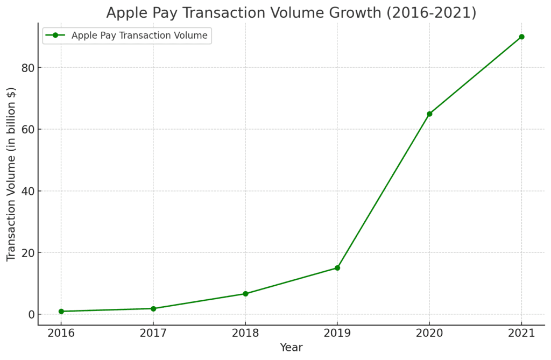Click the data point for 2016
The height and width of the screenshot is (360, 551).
tap(61, 311)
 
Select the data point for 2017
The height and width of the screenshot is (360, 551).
tap(153, 308)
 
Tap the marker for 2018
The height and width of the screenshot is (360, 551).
tap(245, 294)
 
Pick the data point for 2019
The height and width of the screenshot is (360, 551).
tap(337, 268)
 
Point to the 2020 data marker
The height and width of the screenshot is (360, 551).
tap(429, 114)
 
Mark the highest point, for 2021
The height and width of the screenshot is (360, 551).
tap(521, 37)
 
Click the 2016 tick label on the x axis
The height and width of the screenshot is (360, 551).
tap(61, 334)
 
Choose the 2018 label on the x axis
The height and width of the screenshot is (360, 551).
tap(245, 334)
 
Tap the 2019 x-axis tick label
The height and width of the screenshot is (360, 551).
tap(337, 334)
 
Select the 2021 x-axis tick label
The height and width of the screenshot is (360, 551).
tap(521, 334)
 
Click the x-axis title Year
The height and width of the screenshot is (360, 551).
tap(291, 348)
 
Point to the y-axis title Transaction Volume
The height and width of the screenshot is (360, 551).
tap(12, 174)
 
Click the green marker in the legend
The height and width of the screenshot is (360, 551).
tap(55, 36)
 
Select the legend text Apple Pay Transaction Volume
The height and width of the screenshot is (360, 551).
tap(139, 36)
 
